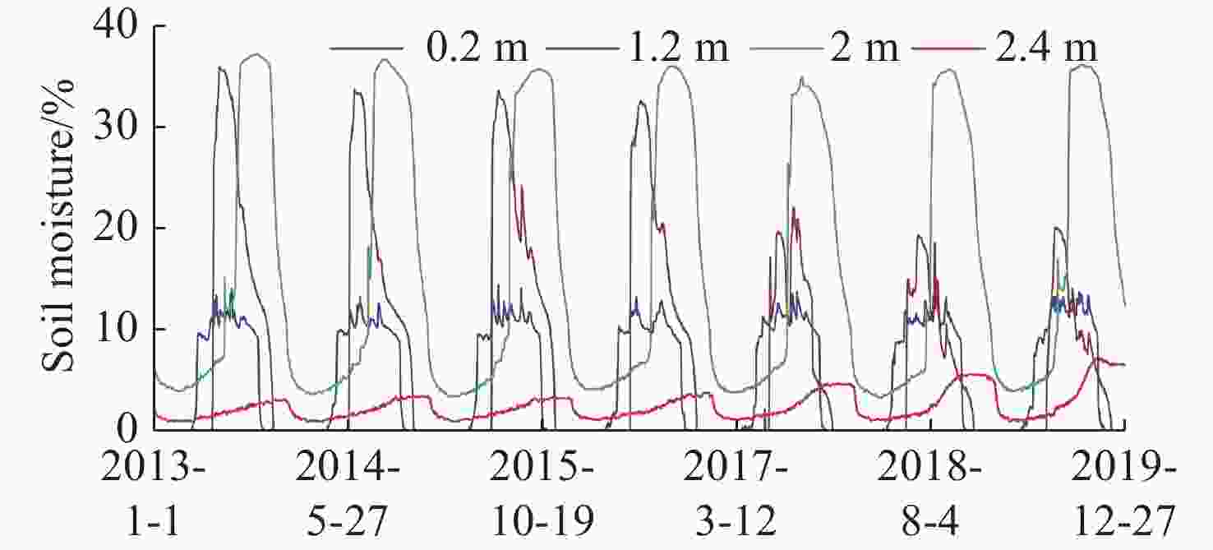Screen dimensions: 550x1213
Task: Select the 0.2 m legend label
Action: click(x=477, y=49)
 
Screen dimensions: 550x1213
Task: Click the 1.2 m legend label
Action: click(x=678, y=49)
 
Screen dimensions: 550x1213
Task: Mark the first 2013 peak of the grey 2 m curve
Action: click(x=257, y=54)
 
